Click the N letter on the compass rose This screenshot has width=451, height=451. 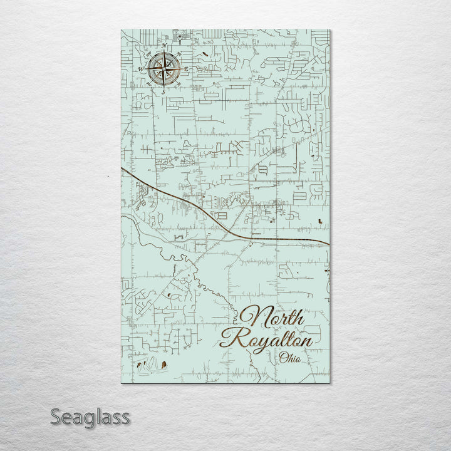[164, 46]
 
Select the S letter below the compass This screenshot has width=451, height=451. [163, 91]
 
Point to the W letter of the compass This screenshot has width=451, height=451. [140, 68]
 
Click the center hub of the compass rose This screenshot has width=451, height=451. [164, 68]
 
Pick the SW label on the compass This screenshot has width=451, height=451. [148, 84]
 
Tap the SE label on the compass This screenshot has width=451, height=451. [180, 84]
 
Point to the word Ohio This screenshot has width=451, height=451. [291, 358]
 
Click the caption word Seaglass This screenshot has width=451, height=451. [91, 417]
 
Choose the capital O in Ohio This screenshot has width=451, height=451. [284, 358]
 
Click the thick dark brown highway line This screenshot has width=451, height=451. [207, 213]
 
